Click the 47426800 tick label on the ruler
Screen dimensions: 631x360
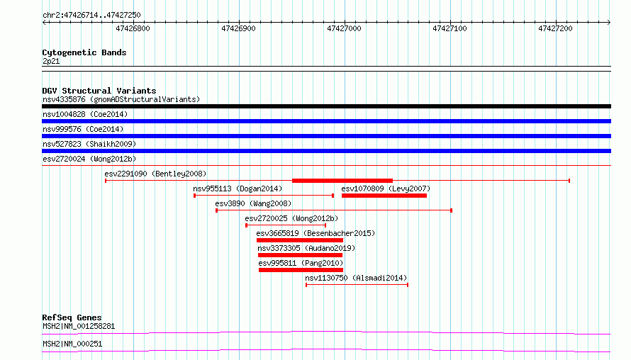pos(133,28)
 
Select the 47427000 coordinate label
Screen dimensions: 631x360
pos(344,28)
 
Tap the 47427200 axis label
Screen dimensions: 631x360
pos(555,28)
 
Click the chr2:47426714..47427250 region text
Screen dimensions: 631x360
pos(91,15)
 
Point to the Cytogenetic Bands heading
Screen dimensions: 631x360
pos(84,52)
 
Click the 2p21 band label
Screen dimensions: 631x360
pos(51,61)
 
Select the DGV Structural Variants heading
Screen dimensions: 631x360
pos(99,91)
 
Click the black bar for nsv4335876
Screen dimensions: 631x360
pos(326,106)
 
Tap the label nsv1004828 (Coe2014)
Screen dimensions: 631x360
pos(85,114)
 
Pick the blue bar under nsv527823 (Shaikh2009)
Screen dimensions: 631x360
pos(326,151)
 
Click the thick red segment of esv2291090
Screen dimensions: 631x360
pos(342,181)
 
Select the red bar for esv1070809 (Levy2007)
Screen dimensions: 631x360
pos(384,196)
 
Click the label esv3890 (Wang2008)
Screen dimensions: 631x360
pos(253,203)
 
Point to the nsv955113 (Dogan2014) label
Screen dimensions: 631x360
pos(238,189)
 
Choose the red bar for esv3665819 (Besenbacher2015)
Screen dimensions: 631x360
pos(300,240)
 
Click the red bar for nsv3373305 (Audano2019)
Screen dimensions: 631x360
pos(300,255)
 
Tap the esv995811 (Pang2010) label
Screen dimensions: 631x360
pos(301,263)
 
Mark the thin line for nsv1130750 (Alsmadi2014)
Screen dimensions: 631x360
pos(357,285)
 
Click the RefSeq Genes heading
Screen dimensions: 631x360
pos(72,317)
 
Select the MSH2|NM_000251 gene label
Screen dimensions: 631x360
pos(72,344)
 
